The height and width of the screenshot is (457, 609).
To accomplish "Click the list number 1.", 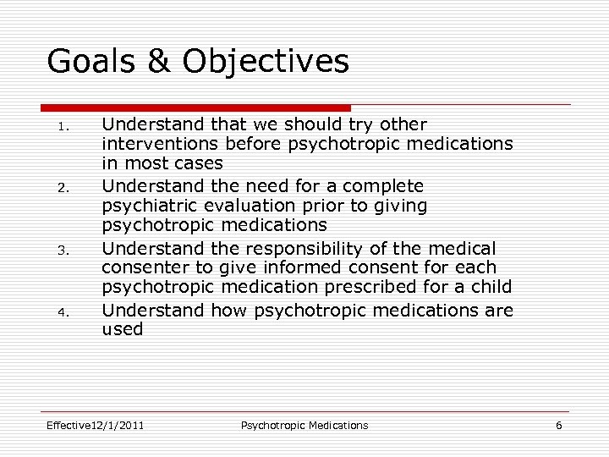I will (61, 126).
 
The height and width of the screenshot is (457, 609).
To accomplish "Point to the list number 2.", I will (61, 188).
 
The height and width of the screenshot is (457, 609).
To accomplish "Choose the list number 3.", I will (61, 251).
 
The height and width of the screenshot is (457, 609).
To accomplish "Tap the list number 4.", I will (61, 312).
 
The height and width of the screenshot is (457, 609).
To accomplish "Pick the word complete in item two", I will (384, 185).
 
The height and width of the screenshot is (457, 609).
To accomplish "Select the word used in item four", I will (123, 329).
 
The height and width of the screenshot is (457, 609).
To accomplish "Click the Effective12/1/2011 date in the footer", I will (95, 425).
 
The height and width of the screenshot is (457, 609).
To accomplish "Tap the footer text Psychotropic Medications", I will (304, 425).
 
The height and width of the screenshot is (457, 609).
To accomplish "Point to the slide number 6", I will (558, 425).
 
